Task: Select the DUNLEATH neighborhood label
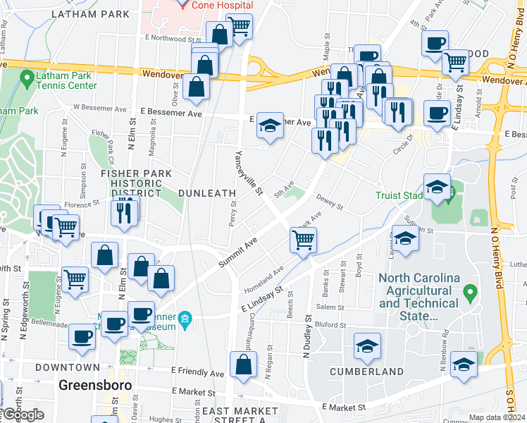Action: tap(201, 192)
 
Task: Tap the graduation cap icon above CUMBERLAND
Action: tap(367, 346)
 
